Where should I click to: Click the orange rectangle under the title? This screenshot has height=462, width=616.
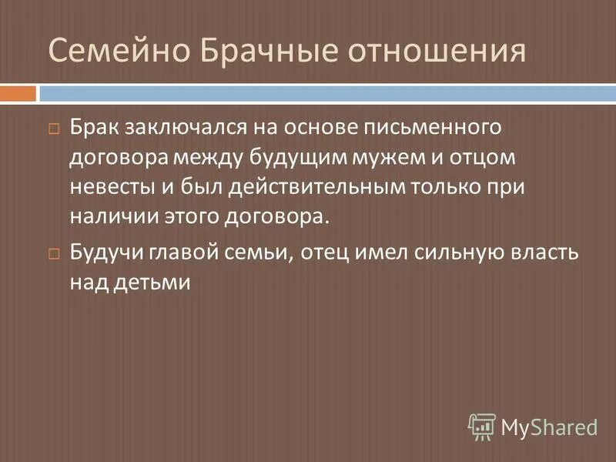pyautogui.click(x=18, y=94)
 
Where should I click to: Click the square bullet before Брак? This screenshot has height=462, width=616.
pyautogui.click(x=54, y=128)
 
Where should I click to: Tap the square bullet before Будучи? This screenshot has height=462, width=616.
pyautogui.click(x=54, y=253)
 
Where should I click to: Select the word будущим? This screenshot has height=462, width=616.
pyautogui.click(x=290, y=156)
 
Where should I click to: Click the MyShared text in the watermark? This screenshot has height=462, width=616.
pyautogui.click(x=549, y=426)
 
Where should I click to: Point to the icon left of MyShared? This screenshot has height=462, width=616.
pyautogui.click(x=482, y=426)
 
